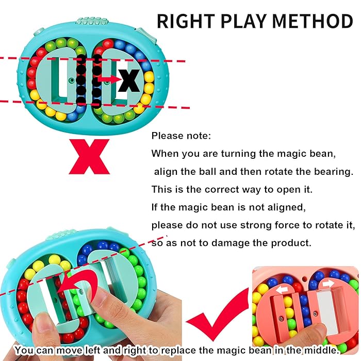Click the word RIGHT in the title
coord(186,21)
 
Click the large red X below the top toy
coord(89,157)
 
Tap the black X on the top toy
coord(128,80)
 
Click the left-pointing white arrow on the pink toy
coord(282,289)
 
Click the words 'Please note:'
coord(181,136)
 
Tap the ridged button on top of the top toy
coord(92,21)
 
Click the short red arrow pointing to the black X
coord(109,79)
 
